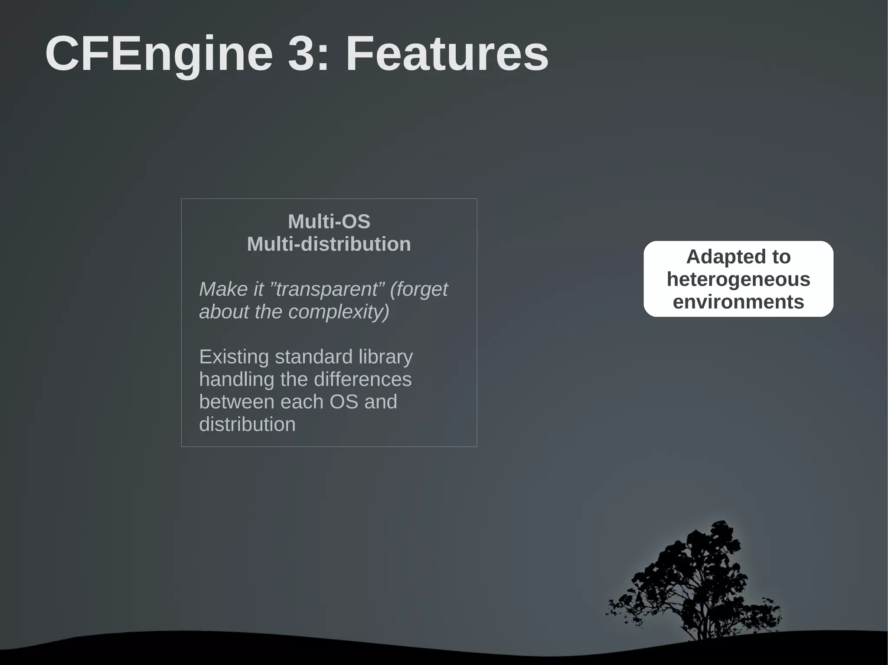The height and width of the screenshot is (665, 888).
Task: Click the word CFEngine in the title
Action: (159, 54)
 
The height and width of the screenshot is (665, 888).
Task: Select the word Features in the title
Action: (447, 54)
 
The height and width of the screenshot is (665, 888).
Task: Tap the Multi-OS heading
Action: (329, 222)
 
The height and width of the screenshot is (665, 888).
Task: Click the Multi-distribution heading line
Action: (329, 244)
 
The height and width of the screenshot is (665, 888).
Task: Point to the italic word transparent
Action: (328, 289)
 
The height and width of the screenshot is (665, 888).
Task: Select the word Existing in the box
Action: (234, 357)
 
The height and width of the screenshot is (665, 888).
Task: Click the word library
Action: (385, 357)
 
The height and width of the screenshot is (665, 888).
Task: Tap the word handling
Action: (237, 380)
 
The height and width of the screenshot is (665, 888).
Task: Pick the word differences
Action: (362, 380)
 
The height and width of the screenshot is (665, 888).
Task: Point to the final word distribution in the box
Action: (247, 425)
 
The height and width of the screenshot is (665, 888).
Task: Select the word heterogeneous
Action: (738, 279)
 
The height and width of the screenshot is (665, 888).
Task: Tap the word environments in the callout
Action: (738, 302)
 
